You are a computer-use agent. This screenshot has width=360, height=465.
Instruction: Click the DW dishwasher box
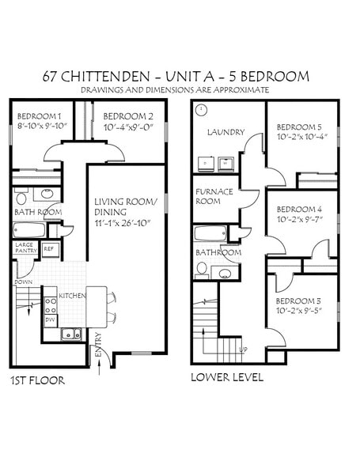pos(50,320)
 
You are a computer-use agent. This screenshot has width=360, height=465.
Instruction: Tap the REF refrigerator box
pos(49,248)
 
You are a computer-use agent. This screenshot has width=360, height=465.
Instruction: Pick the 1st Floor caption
pos(37,380)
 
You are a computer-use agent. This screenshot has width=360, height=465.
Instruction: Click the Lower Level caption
pos(227,377)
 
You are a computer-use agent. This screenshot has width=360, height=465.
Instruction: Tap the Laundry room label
pos(225,132)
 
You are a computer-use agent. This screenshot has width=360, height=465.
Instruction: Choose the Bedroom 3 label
pos(299,301)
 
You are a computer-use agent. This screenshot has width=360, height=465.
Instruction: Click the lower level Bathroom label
pos(219,252)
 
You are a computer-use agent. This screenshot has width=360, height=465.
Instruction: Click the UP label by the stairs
pos(243,349)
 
